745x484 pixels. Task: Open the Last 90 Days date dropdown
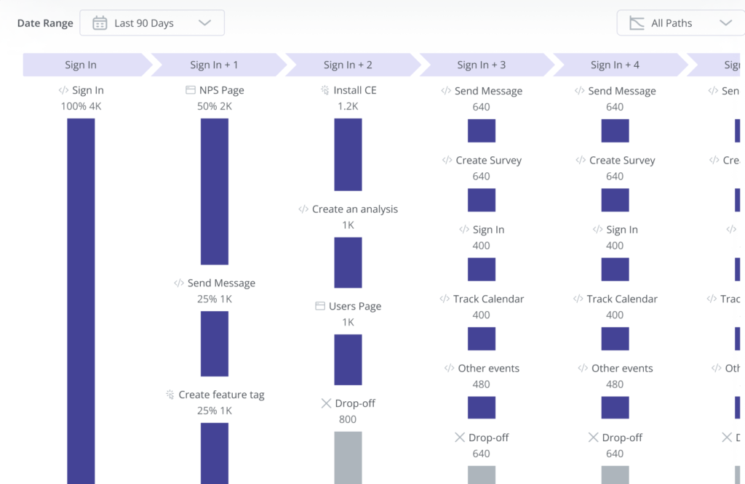click(x=152, y=23)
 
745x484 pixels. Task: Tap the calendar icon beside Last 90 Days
click(x=100, y=23)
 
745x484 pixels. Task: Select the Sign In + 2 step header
click(x=348, y=65)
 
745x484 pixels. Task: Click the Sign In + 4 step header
click(x=615, y=65)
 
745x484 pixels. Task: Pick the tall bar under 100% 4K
click(x=81, y=298)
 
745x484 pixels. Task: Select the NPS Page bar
click(x=215, y=191)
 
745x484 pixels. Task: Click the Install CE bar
click(x=348, y=154)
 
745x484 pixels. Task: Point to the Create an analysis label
click(x=354, y=209)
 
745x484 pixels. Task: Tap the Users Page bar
click(x=348, y=359)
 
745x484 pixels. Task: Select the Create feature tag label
click(x=221, y=395)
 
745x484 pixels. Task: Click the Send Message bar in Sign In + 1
click(x=215, y=343)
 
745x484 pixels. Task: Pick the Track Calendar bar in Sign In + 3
click(x=482, y=339)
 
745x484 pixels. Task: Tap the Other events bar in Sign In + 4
click(x=615, y=408)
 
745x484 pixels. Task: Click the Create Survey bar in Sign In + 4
click(x=615, y=200)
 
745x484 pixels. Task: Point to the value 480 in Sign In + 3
click(x=482, y=384)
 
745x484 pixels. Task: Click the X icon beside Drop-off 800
click(x=326, y=403)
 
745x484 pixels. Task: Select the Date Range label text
click(x=45, y=23)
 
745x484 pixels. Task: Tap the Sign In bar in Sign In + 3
click(x=482, y=270)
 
